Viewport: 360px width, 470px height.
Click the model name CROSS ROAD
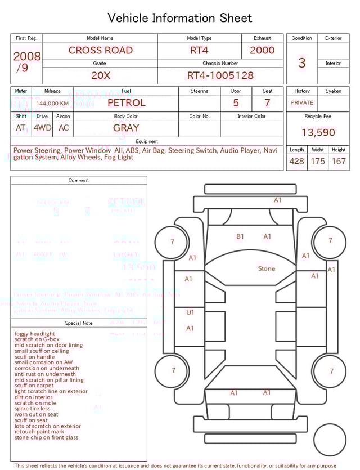(x=101, y=50)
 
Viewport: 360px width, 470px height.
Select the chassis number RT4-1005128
(x=220, y=75)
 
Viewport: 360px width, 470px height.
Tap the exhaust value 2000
(x=262, y=50)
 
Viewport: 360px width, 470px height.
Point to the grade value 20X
(x=101, y=75)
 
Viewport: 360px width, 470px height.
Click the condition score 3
(x=302, y=62)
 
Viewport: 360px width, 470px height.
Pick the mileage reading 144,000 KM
(x=52, y=104)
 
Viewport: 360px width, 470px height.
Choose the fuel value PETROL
(x=126, y=103)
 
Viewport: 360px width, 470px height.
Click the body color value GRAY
(x=126, y=128)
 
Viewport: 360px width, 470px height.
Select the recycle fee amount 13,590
(x=318, y=133)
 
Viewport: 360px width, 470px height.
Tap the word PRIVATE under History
(x=302, y=103)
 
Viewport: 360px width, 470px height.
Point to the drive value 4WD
(x=42, y=128)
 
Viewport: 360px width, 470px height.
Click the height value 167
(x=339, y=162)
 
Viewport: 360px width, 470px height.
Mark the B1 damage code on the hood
(x=240, y=236)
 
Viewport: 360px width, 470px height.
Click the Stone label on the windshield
(x=267, y=268)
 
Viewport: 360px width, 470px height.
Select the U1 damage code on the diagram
(x=190, y=312)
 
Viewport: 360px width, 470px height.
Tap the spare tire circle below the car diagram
(x=330, y=440)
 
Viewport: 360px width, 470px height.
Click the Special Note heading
(x=79, y=323)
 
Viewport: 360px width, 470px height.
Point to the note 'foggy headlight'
(x=35, y=334)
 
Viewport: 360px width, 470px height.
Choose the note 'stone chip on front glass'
(x=47, y=437)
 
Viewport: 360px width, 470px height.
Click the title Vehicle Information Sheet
(x=180, y=18)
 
